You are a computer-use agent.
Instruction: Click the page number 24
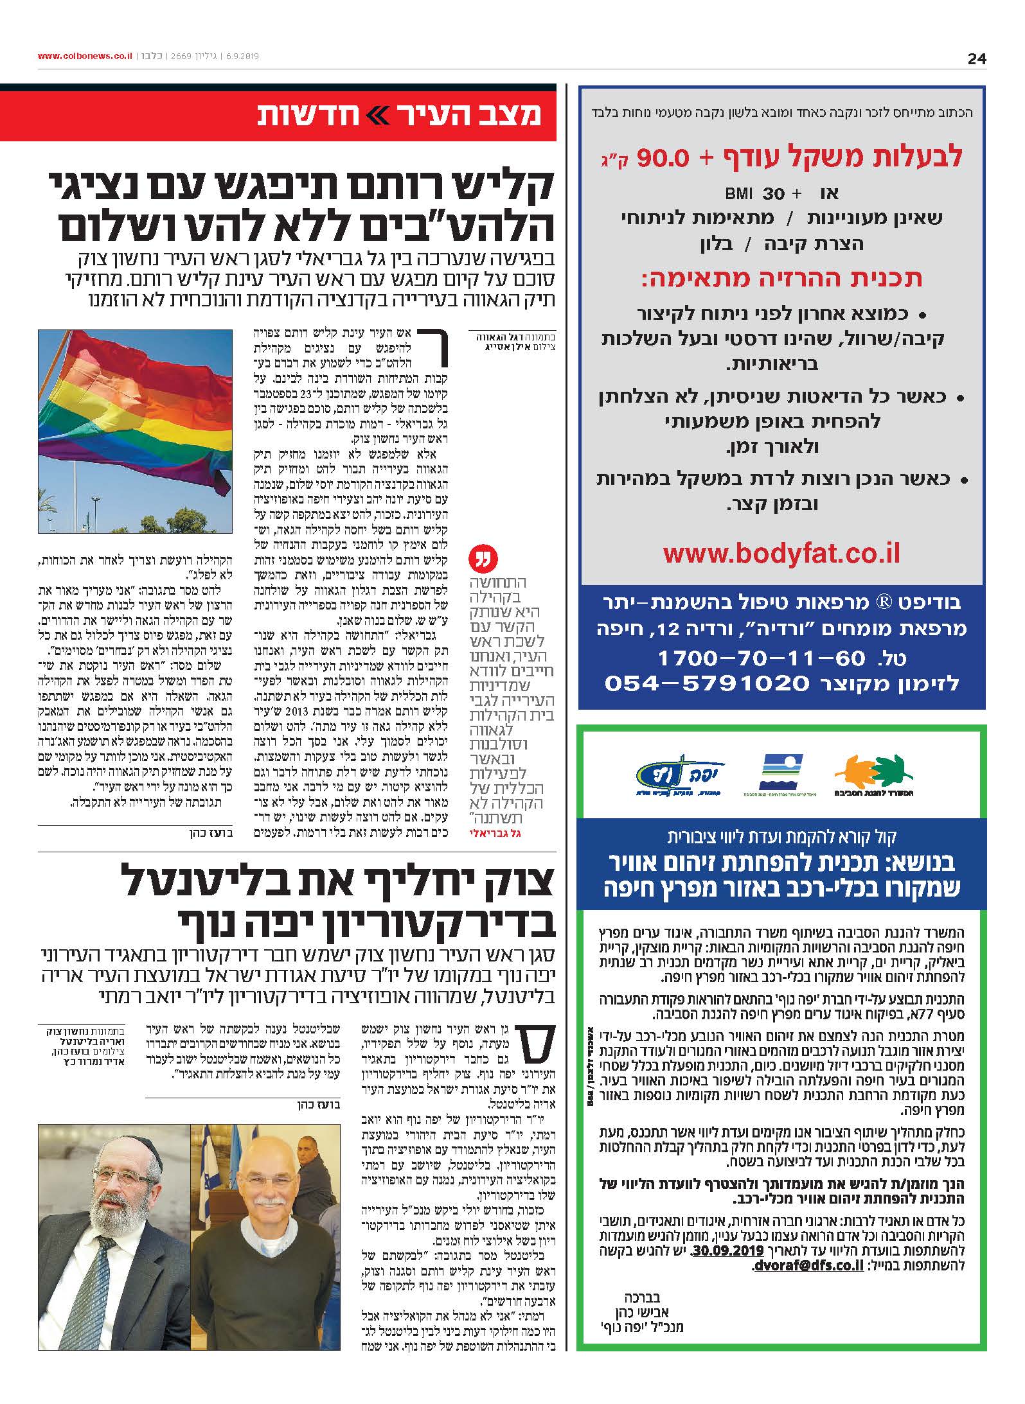click(976, 59)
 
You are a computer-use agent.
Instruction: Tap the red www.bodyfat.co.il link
click(781, 554)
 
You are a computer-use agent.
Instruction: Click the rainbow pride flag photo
click(134, 431)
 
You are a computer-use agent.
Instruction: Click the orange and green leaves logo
click(873, 777)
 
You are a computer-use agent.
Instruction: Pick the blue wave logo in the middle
click(781, 771)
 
